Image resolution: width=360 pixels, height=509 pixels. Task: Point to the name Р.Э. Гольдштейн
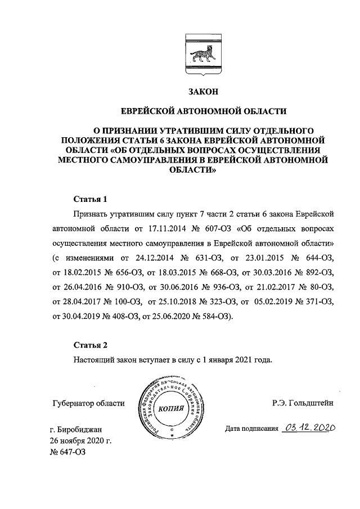(x=301, y=403)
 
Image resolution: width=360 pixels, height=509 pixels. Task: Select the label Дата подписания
(x=251, y=430)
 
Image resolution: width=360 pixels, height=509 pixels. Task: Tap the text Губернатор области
(x=87, y=403)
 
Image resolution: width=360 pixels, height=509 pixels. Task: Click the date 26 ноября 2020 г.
(x=82, y=443)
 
